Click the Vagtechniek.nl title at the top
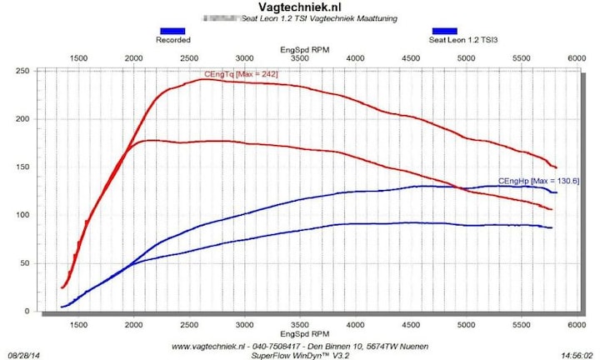(300, 7)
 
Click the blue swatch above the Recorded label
(173, 31)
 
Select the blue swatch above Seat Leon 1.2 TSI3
(444, 31)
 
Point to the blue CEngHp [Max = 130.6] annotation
(538, 181)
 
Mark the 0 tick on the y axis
(50, 312)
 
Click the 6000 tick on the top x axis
(576, 58)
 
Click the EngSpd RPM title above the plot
(305, 49)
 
